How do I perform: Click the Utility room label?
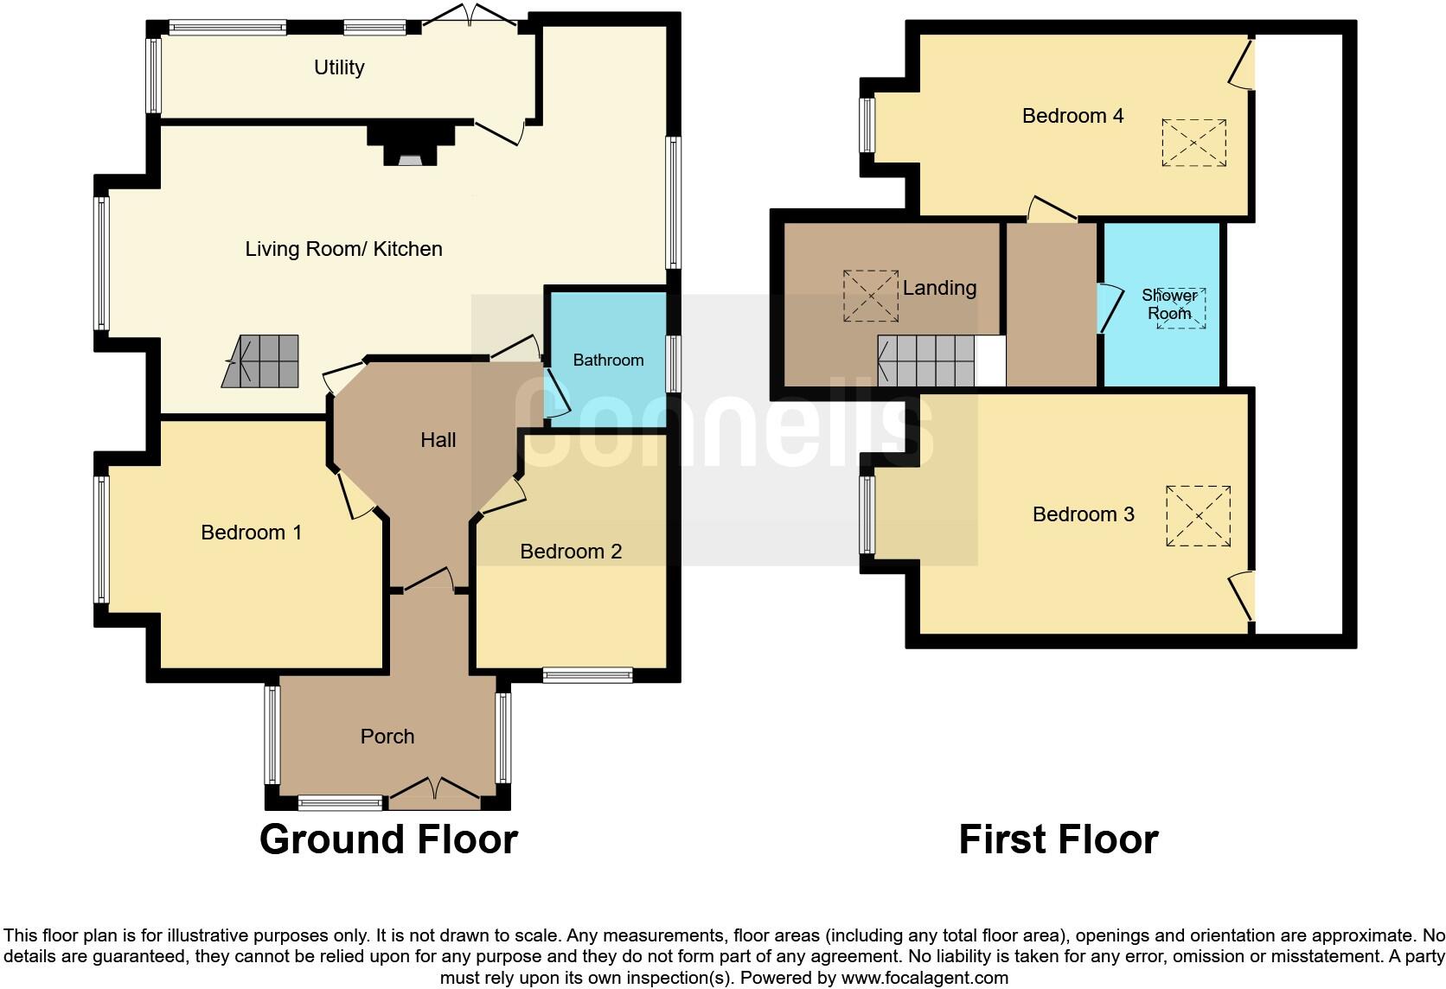pyautogui.click(x=339, y=67)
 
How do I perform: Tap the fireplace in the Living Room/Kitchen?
pyautogui.click(x=411, y=145)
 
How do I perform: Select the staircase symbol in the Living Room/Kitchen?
pyautogui.click(x=262, y=361)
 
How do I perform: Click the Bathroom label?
pyautogui.click(x=608, y=361)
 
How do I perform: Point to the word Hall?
pyautogui.click(x=438, y=440)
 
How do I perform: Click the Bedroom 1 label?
pyautogui.click(x=251, y=533)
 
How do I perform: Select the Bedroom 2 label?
pyautogui.click(x=571, y=552)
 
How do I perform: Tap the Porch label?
pyautogui.click(x=387, y=737)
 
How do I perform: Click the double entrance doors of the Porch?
pyautogui.click(x=433, y=792)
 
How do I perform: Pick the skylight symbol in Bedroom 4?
pyautogui.click(x=1193, y=143)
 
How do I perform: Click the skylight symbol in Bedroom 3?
pyautogui.click(x=1198, y=516)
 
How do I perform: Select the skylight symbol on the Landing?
pyautogui.click(x=871, y=296)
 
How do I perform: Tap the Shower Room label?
pyautogui.click(x=1169, y=304)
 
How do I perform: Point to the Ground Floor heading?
pyautogui.click(x=388, y=839)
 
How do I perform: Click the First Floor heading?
pyautogui.click(x=1058, y=839)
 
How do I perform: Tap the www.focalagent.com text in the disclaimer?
pyautogui.click(x=925, y=979)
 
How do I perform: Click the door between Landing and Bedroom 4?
pyautogui.click(x=1051, y=211)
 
